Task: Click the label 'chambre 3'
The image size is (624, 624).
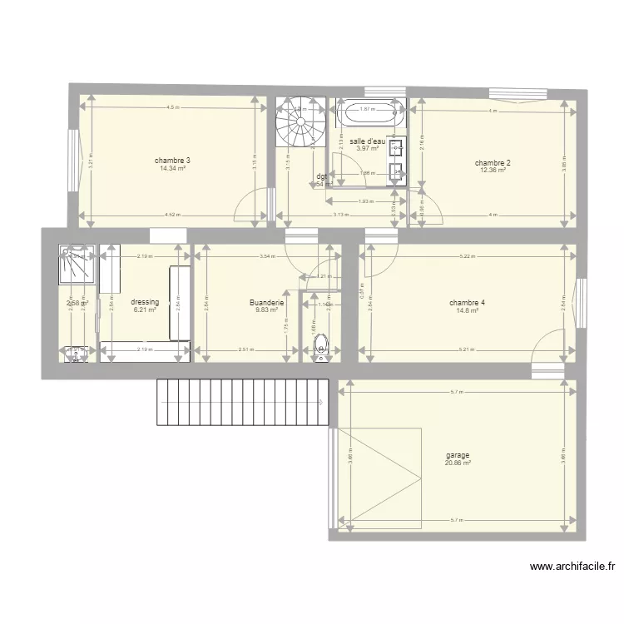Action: pyautogui.click(x=172, y=161)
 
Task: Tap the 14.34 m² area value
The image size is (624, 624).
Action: pyautogui.click(x=172, y=168)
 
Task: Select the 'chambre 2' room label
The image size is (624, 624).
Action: pyautogui.click(x=493, y=163)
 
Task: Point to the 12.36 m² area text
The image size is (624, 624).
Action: pyautogui.click(x=493, y=171)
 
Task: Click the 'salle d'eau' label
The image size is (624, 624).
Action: pyautogui.click(x=368, y=141)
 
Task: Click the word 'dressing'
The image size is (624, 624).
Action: pyautogui.click(x=145, y=302)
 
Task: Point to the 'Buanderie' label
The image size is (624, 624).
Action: pyautogui.click(x=267, y=303)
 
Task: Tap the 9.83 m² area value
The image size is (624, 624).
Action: pyautogui.click(x=267, y=310)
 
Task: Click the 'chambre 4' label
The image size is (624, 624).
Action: pyautogui.click(x=467, y=303)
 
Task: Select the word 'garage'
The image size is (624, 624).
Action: pyautogui.click(x=458, y=455)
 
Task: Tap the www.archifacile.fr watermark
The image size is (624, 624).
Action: pyautogui.click(x=573, y=567)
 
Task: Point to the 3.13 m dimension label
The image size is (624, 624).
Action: pyautogui.click(x=340, y=215)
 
